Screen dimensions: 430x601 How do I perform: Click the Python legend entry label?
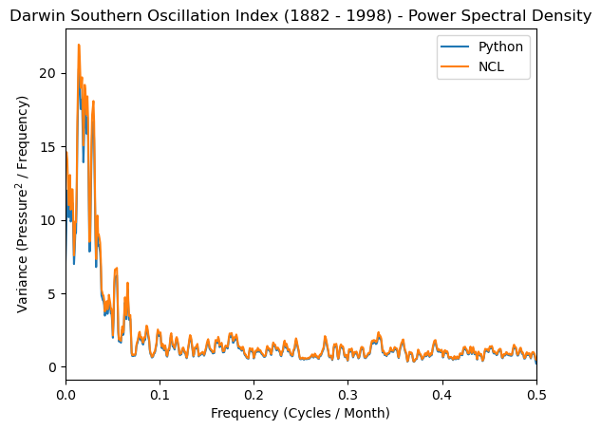point(500,47)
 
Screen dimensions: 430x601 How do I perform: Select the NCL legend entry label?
point(492,66)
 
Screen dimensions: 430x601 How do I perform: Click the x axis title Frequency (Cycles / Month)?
point(301,413)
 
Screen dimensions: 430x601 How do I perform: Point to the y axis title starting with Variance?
point(23,204)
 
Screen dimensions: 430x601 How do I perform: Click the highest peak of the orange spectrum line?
point(79,46)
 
